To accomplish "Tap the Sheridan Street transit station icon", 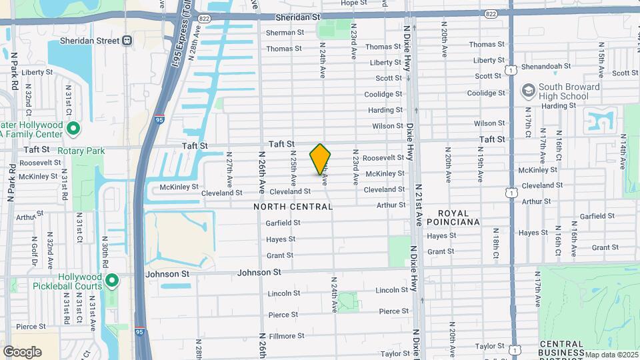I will [x=126, y=41].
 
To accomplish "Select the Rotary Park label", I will [x=81, y=151].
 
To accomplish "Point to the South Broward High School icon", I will [x=529, y=89].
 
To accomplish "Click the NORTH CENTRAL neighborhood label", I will [x=293, y=207].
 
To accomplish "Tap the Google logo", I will [x=22, y=351].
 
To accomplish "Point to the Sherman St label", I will [x=285, y=32].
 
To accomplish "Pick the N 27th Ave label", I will [x=229, y=171].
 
